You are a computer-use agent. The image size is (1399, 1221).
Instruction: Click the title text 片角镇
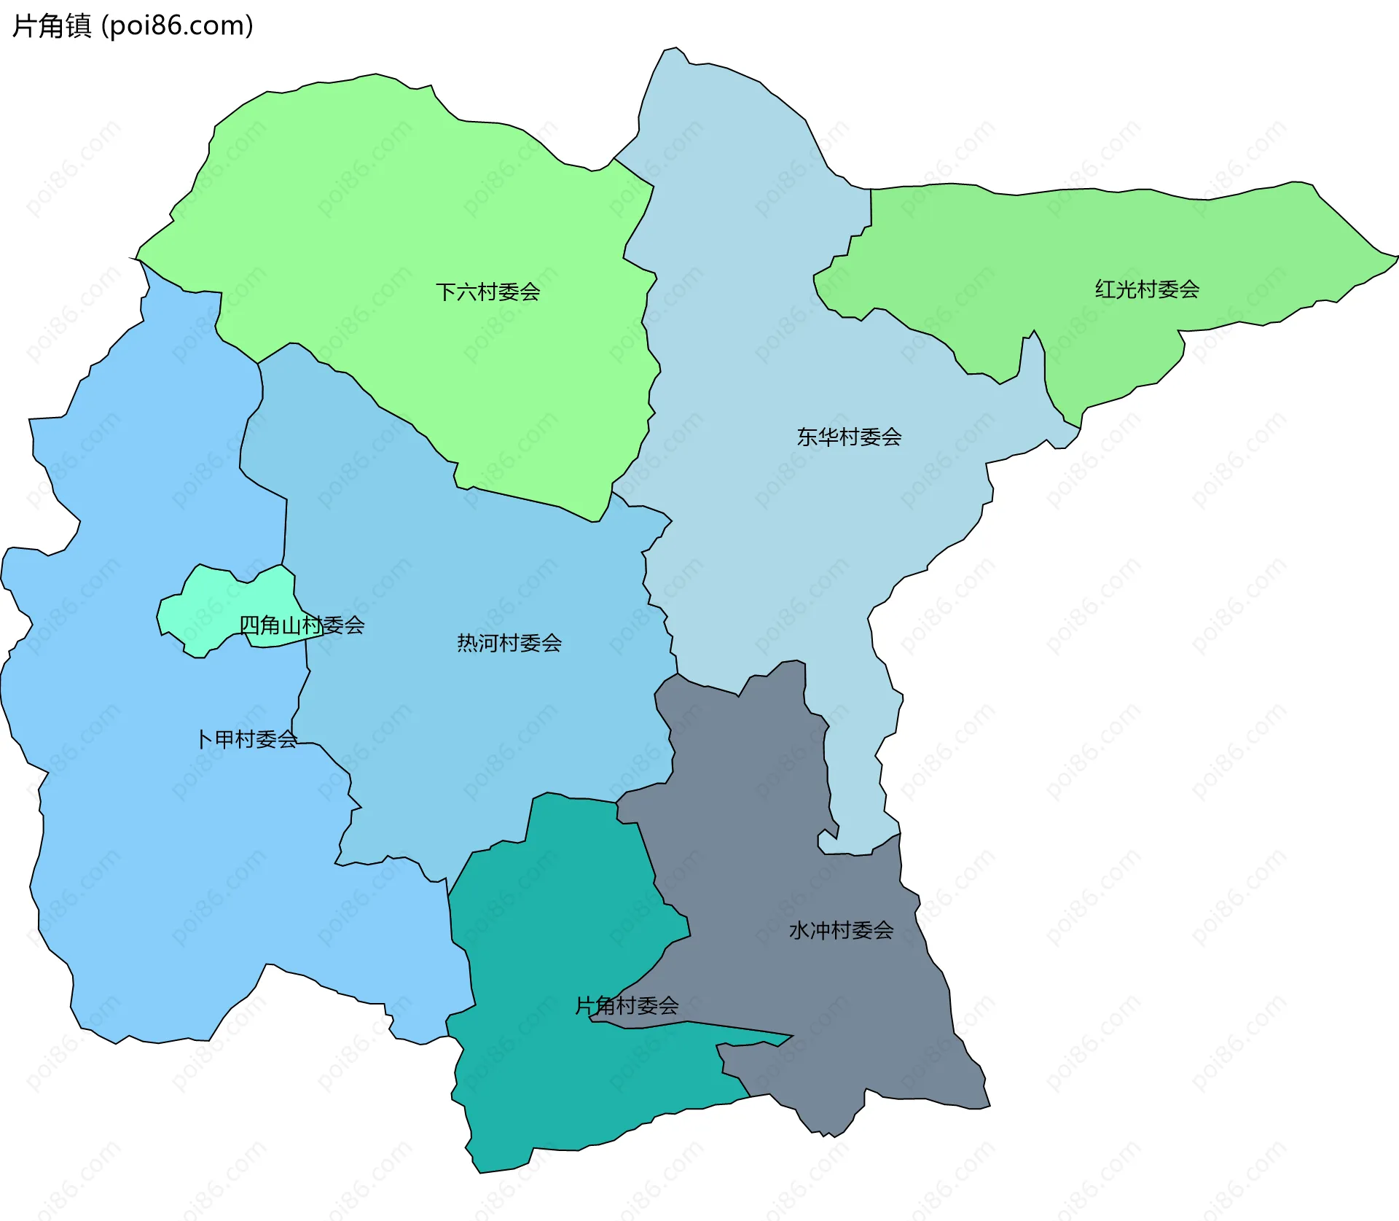coord(52,26)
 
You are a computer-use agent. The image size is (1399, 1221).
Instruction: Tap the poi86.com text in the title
coord(177,26)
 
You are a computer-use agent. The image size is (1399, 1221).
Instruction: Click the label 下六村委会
coord(487,292)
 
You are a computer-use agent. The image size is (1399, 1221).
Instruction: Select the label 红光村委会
coord(1147,289)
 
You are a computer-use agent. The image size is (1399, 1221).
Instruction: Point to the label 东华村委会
coord(849,437)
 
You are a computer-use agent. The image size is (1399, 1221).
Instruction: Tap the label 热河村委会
coord(509,643)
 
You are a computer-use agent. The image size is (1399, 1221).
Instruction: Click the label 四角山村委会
coord(302,625)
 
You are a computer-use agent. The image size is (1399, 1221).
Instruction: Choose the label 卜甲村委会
coord(247,739)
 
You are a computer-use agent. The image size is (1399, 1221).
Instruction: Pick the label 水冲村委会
coord(841,930)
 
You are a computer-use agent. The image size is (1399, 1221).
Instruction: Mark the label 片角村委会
coord(627,1006)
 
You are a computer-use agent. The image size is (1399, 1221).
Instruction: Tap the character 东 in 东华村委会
coord(807,437)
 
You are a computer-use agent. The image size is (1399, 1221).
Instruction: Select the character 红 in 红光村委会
coord(1105,289)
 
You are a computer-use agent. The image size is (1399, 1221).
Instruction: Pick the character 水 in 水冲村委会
coord(799,930)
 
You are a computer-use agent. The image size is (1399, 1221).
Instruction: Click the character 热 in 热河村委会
coord(467,643)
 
